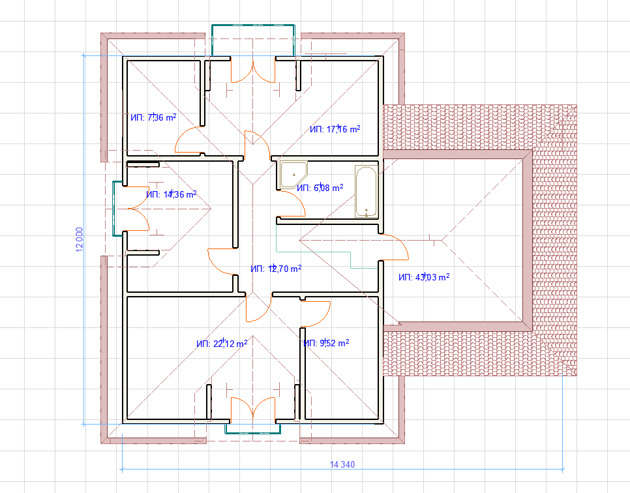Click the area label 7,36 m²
point(153,117)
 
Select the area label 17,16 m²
point(335,129)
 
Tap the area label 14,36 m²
point(171,194)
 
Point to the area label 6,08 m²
point(320,188)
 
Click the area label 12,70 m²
point(276,269)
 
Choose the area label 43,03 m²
point(424,277)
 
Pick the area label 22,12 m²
point(222,344)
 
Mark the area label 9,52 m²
point(326,343)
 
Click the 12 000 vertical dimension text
point(79,239)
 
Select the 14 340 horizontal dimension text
point(342,464)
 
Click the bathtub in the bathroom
point(366,191)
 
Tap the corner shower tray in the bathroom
point(293,175)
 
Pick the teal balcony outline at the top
point(253,25)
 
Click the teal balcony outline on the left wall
point(113,209)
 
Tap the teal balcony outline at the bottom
point(253,433)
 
